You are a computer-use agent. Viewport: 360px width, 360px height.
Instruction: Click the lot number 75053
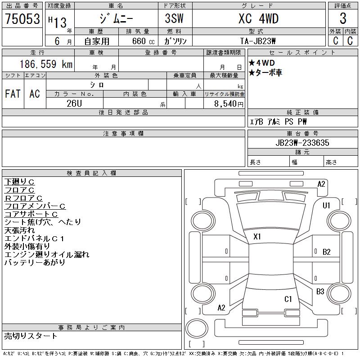coord(22,19)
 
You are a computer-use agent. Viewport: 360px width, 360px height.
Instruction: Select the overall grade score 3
coord(343,18)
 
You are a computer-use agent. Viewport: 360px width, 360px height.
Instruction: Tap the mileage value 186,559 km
coord(46,64)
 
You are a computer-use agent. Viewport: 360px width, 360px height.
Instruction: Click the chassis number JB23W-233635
coord(302,143)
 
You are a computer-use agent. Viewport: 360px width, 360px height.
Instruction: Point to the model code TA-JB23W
coord(258,41)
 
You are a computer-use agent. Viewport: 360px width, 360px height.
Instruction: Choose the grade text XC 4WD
coord(258,18)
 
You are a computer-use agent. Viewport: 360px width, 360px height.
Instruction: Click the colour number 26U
coord(74,103)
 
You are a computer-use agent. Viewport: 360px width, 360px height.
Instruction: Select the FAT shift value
coord(13,94)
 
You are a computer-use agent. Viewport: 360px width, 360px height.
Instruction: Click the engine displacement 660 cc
coord(143,41)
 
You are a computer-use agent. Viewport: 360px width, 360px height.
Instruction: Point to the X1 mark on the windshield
coord(257,237)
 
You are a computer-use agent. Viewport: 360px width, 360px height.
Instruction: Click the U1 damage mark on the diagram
coord(326,206)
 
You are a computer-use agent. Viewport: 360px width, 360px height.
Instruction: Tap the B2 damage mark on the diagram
coord(327,252)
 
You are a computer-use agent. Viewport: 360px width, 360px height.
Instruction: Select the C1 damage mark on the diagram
coord(288,299)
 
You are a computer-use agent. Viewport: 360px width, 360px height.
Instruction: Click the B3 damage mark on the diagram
coord(320,291)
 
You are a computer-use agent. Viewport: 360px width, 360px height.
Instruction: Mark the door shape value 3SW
coord(174,18)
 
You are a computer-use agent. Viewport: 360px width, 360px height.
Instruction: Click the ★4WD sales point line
coord(262,63)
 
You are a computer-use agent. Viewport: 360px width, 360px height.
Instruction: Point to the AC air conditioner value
coord(35,94)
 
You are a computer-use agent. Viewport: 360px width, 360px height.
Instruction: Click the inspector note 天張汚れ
coord(19,230)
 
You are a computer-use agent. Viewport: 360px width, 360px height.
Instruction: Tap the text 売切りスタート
coord(31,336)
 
